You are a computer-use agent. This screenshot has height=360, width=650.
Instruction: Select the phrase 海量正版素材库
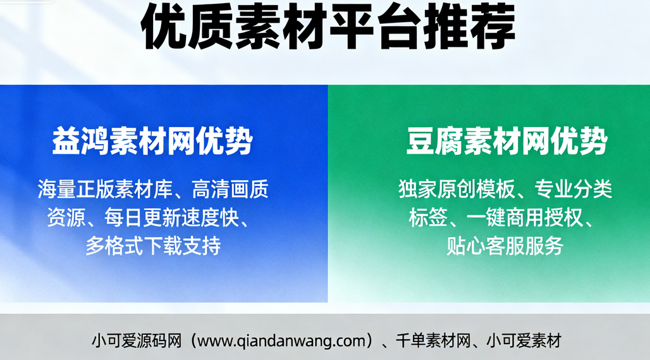coord(104,189)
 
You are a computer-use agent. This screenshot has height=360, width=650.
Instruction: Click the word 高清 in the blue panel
coord(214,189)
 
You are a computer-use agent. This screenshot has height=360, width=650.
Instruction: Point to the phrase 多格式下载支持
coord(153,245)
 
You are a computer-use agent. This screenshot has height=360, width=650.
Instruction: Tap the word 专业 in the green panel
coord(555,189)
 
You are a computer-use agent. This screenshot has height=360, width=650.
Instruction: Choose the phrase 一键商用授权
coord(523,218)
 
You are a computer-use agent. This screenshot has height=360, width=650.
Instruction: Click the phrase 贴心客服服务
coord(505,245)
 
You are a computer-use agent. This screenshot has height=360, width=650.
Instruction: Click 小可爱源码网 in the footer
coord(136,341)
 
